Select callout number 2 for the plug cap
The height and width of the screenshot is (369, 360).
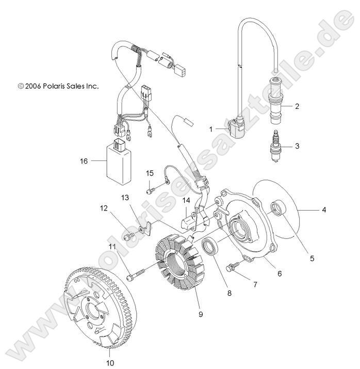pyautogui.click(x=297, y=107)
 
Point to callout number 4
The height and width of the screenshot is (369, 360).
pyautogui.click(x=339, y=210)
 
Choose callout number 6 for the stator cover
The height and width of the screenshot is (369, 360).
pyautogui.click(x=280, y=274)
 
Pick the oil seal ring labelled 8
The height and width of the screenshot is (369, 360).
pyautogui.click(x=211, y=247)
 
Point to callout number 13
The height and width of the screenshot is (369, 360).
pyautogui.click(x=125, y=198)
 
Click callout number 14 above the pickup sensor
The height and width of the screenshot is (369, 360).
pyautogui.click(x=186, y=200)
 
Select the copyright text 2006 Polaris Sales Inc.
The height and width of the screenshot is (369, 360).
pyautogui.click(x=58, y=86)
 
